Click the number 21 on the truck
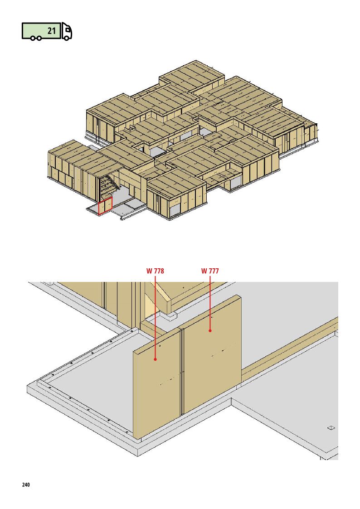point(52,31)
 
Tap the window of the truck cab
point(68,29)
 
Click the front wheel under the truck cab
point(66,38)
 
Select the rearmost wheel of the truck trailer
point(34,39)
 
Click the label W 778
point(155,271)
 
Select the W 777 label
point(210,271)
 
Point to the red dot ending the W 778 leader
point(155,359)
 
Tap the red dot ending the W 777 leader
point(210,330)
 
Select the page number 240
point(26,485)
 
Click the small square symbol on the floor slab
point(331,427)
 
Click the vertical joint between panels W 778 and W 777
point(181,372)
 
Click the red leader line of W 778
point(155,316)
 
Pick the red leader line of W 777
point(210,302)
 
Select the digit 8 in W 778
point(162,271)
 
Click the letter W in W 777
point(204,271)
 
